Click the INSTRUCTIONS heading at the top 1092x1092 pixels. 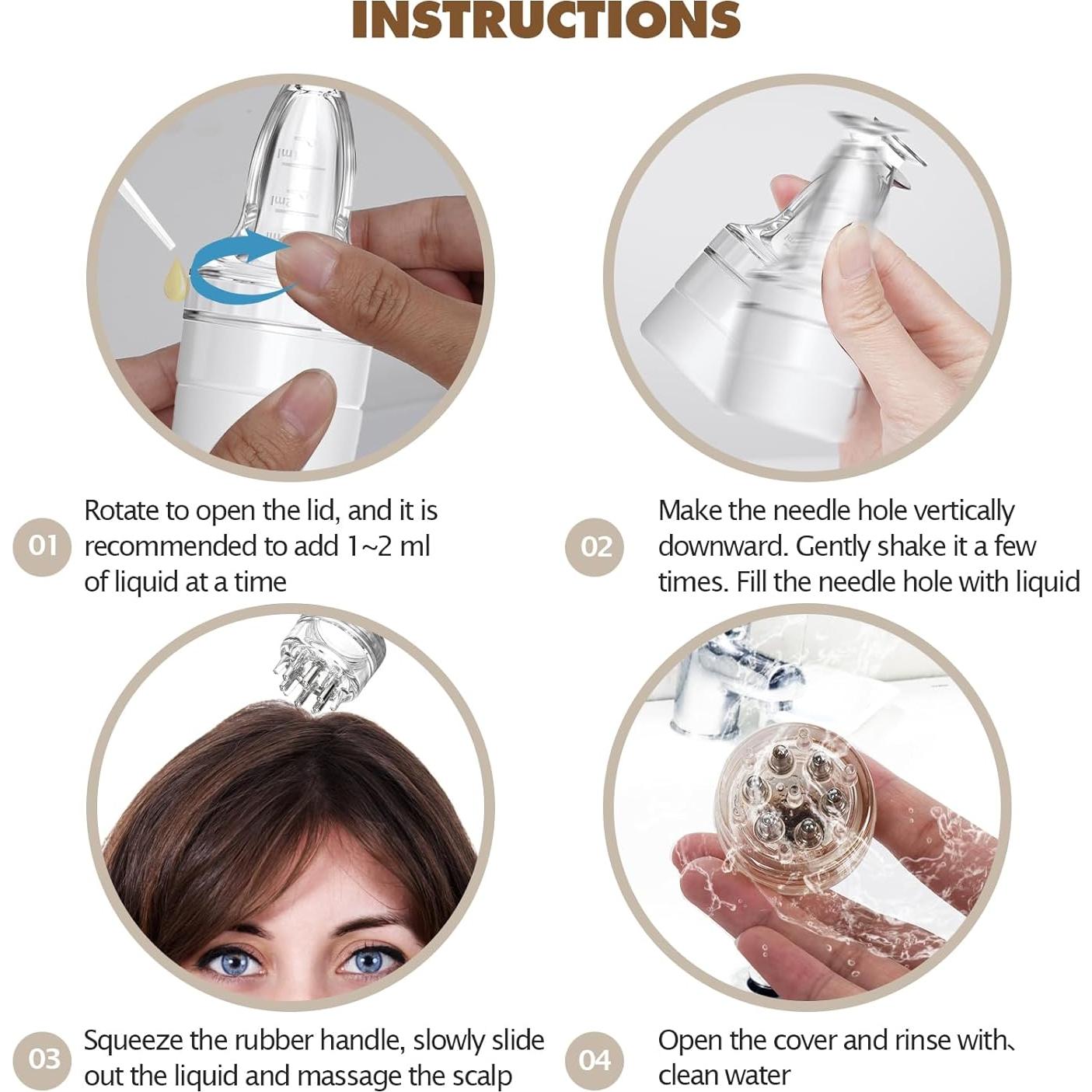coord(546,20)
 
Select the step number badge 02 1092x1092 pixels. coord(595,547)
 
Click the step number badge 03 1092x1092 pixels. coord(44,1059)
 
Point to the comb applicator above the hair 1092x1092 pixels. coord(326,661)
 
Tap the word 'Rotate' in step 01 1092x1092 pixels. coord(124,511)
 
